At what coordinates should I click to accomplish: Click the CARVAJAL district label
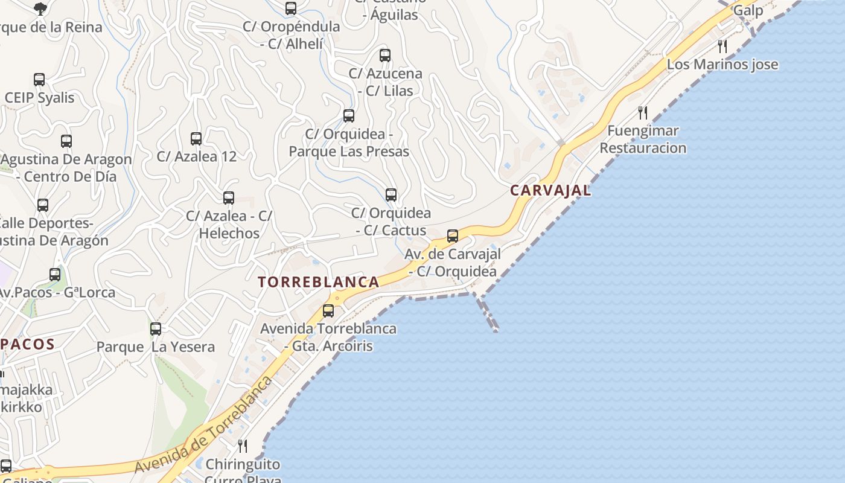[x=550, y=190]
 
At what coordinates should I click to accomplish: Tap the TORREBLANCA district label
[x=319, y=282]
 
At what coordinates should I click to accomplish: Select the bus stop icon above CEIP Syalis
[x=39, y=80]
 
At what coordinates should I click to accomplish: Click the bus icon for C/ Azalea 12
[x=196, y=139]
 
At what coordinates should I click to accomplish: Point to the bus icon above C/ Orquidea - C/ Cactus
[x=391, y=195]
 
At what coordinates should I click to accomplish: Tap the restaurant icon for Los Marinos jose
[x=722, y=46]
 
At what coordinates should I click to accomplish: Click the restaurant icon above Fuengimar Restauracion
[x=643, y=112]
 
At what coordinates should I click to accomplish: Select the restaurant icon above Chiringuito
[x=243, y=446]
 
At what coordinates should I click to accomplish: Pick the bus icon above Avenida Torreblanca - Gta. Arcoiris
[x=328, y=311]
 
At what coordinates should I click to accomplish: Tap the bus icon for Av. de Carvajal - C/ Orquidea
[x=453, y=236]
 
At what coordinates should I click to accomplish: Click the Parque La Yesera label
[x=156, y=347]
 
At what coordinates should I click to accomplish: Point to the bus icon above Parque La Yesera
[x=156, y=329]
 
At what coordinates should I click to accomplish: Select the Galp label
[x=748, y=10]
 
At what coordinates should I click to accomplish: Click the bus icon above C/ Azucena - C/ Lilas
[x=385, y=56]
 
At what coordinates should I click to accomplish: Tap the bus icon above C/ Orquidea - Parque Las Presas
[x=349, y=116]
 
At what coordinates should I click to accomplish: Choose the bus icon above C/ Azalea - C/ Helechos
[x=229, y=198]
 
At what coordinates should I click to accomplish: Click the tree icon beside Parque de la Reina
[x=40, y=8]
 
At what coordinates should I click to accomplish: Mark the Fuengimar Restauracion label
[x=643, y=139]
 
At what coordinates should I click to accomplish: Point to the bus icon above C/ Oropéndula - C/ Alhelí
[x=291, y=8]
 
